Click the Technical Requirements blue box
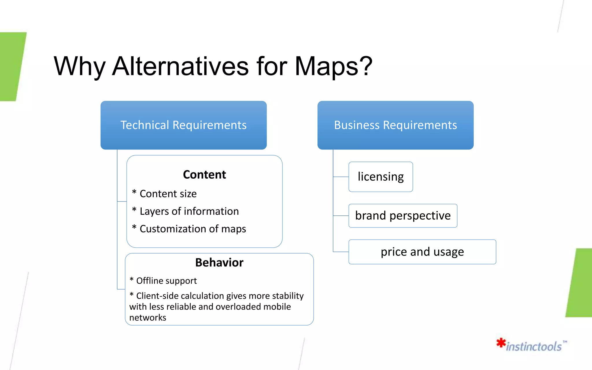[x=184, y=125]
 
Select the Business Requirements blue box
[x=395, y=125]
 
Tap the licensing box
[x=380, y=177]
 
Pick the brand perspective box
[x=403, y=216]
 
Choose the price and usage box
[x=422, y=252]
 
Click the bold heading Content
[x=204, y=175]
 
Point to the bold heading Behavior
[x=219, y=262]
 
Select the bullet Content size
[x=168, y=194]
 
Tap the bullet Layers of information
[x=189, y=211]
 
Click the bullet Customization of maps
[x=193, y=229]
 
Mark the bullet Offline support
[x=166, y=281]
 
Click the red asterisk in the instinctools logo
[x=501, y=343]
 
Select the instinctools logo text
[x=534, y=346]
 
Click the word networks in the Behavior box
[x=148, y=318]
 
